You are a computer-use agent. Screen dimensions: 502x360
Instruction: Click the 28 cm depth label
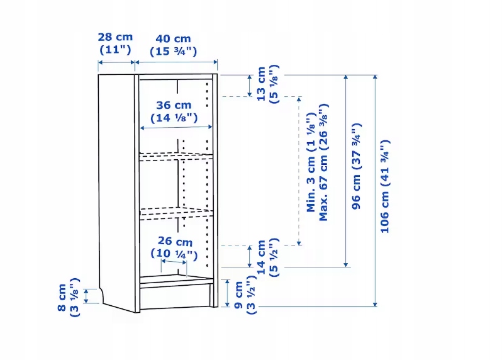[115, 43]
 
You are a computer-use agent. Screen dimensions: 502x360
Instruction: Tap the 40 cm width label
[173, 45]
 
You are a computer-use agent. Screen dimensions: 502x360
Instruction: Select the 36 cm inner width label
[174, 111]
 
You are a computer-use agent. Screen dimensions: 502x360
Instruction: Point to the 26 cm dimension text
[174, 247]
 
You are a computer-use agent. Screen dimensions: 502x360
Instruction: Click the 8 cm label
[68, 298]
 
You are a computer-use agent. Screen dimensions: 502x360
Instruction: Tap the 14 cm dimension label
[268, 257]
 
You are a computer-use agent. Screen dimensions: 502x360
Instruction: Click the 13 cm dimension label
[268, 84]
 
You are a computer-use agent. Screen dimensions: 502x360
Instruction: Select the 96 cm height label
[356, 166]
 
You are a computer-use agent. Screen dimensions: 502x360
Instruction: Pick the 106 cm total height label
[384, 186]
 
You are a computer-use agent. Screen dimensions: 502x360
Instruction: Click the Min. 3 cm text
[311, 162]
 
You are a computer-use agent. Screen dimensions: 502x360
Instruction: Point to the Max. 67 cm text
[324, 162]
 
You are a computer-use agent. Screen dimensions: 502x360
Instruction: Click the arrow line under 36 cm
[176, 128]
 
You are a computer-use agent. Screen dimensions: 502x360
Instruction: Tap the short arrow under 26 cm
[174, 262]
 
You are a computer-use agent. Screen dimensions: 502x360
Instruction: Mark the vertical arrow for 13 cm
[250, 86]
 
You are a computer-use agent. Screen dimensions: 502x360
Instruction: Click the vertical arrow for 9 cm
[227, 293]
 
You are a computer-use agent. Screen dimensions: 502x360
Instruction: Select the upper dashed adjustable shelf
[176, 157]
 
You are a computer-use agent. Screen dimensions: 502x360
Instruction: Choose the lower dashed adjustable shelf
[176, 213]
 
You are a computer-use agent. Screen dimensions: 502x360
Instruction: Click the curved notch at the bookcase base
[101, 295]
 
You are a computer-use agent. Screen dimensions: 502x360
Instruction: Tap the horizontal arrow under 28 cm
[116, 62]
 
